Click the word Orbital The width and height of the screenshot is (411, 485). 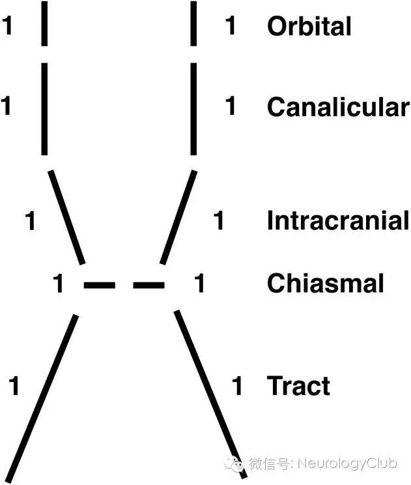click(x=309, y=26)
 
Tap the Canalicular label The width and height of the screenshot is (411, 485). click(x=337, y=107)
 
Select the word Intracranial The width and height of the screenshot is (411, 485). click(x=337, y=221)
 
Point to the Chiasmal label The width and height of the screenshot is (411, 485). click(x=325, y=284)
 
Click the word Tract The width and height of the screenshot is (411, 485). click(x=298, y=386)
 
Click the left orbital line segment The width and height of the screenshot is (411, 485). click(x=44, y=23)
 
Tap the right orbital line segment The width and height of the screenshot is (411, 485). click(x=193, y=23)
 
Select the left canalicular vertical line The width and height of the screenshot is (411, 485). click(x=44, y=109)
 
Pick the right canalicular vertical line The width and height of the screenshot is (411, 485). click(x=193, y=109)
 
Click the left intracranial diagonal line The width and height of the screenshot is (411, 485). click(x=67, y=217)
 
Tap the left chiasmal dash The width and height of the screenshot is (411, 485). click(x=100, y=285)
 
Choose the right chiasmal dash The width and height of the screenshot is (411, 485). click(x=149, y=285)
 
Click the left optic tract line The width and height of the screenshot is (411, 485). click(x=42, y=398)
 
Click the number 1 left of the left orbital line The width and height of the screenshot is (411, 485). click(x=8, y=26)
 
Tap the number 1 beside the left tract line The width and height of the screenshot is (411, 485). click(x=14, y=386)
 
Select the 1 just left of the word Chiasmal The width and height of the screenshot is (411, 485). click(x=200, y=284)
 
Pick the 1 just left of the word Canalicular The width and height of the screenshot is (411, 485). click(x=230, y=106)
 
